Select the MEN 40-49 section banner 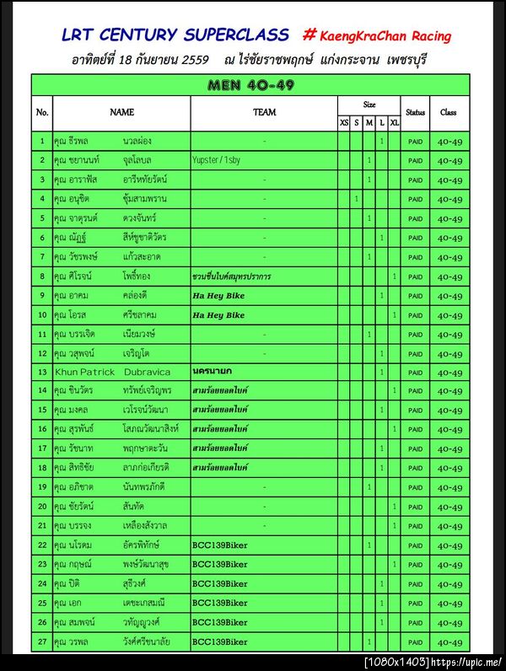click(250, 85)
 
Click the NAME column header click(121, 111)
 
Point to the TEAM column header click(264, 111)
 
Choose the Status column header click(415, 111)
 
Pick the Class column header click(449, 111)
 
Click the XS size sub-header click(343, 123)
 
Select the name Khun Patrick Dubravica click(112, 372)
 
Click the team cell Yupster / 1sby click(217, 159)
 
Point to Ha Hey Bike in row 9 click(218, 295)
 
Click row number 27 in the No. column click(42, 642)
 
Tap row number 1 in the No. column click(42, 140)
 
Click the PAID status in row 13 click(415, 373)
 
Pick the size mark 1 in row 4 click(356, 199)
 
